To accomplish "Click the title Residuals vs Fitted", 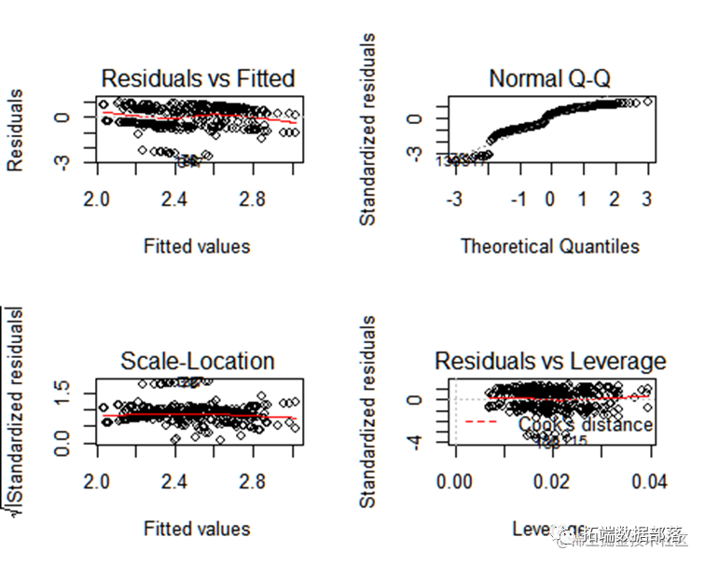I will tap(197, 77).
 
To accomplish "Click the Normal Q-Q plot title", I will tap(550, 78).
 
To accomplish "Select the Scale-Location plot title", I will tap(197, 361).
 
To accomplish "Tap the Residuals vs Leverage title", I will tap(550, 361).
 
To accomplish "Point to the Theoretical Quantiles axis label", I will tap(550, 246).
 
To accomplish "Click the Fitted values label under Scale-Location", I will tap(197, 529).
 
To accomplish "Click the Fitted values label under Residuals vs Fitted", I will tap(197, 246).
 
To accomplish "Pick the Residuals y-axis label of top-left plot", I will tap(16, 131).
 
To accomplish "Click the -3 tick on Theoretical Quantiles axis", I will tap(454, 199).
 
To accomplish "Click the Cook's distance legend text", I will tap(586, 425).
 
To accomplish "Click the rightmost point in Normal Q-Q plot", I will tap(647, 102).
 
